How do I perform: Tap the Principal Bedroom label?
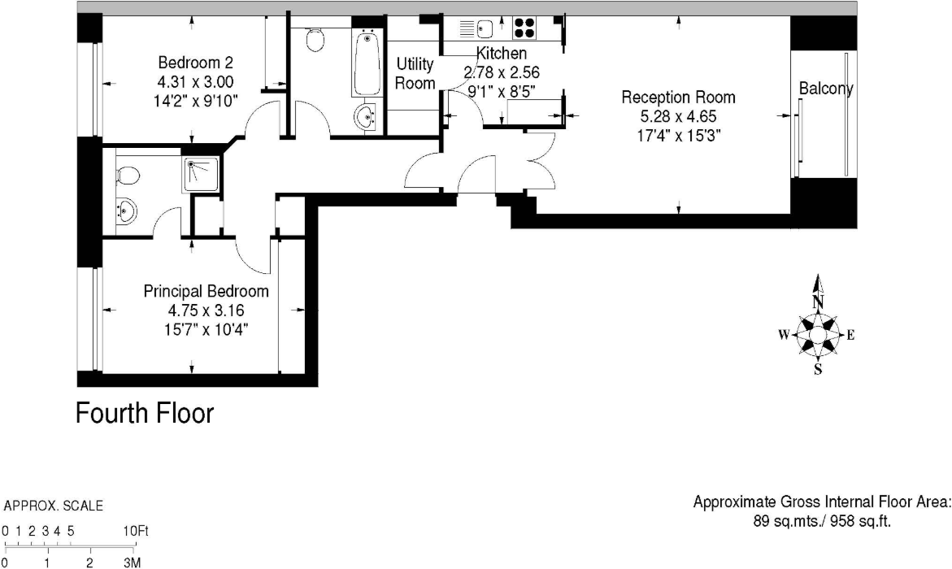click(x=206, y=291)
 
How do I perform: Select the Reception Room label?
click(x=678, y=98)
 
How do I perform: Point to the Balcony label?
click(x=826, y=89)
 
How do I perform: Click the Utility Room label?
click(x=414, y=73)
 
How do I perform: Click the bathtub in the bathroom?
click(x=367, y=63)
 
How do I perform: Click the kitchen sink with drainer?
click(x=477, y=29)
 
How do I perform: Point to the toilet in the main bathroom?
click(x=315, y=37)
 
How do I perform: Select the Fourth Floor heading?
click(x=145, y=413)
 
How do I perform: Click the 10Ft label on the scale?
click(x=137, y=532)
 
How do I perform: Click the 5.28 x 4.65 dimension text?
click(x=678, y=116)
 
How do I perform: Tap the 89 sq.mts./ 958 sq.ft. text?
click(x=820, y=522)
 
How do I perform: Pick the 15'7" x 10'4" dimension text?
click(x=206, y=328)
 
